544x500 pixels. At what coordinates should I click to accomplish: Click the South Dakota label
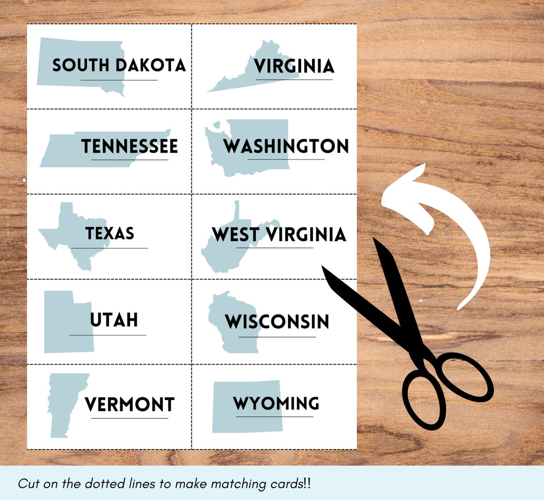tap(119, 65)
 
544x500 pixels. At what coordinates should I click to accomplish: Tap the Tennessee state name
tap(129, 146)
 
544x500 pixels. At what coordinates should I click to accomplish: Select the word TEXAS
tap(110, 234)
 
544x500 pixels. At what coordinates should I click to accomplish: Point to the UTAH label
tap(114, 320)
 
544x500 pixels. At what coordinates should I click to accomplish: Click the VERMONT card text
tap(129, 405)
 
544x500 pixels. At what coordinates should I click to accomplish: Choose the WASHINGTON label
tap(286, 146)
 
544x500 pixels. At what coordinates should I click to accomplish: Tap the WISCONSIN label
tap(277, 322)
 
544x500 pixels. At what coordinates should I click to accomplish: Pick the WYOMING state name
tap(276, 404)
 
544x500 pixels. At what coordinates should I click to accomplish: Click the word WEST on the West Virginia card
tap(236, 235)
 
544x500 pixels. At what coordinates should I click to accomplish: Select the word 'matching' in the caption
tap(239, 484)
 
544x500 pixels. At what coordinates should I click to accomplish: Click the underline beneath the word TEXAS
tap(110, 248)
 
